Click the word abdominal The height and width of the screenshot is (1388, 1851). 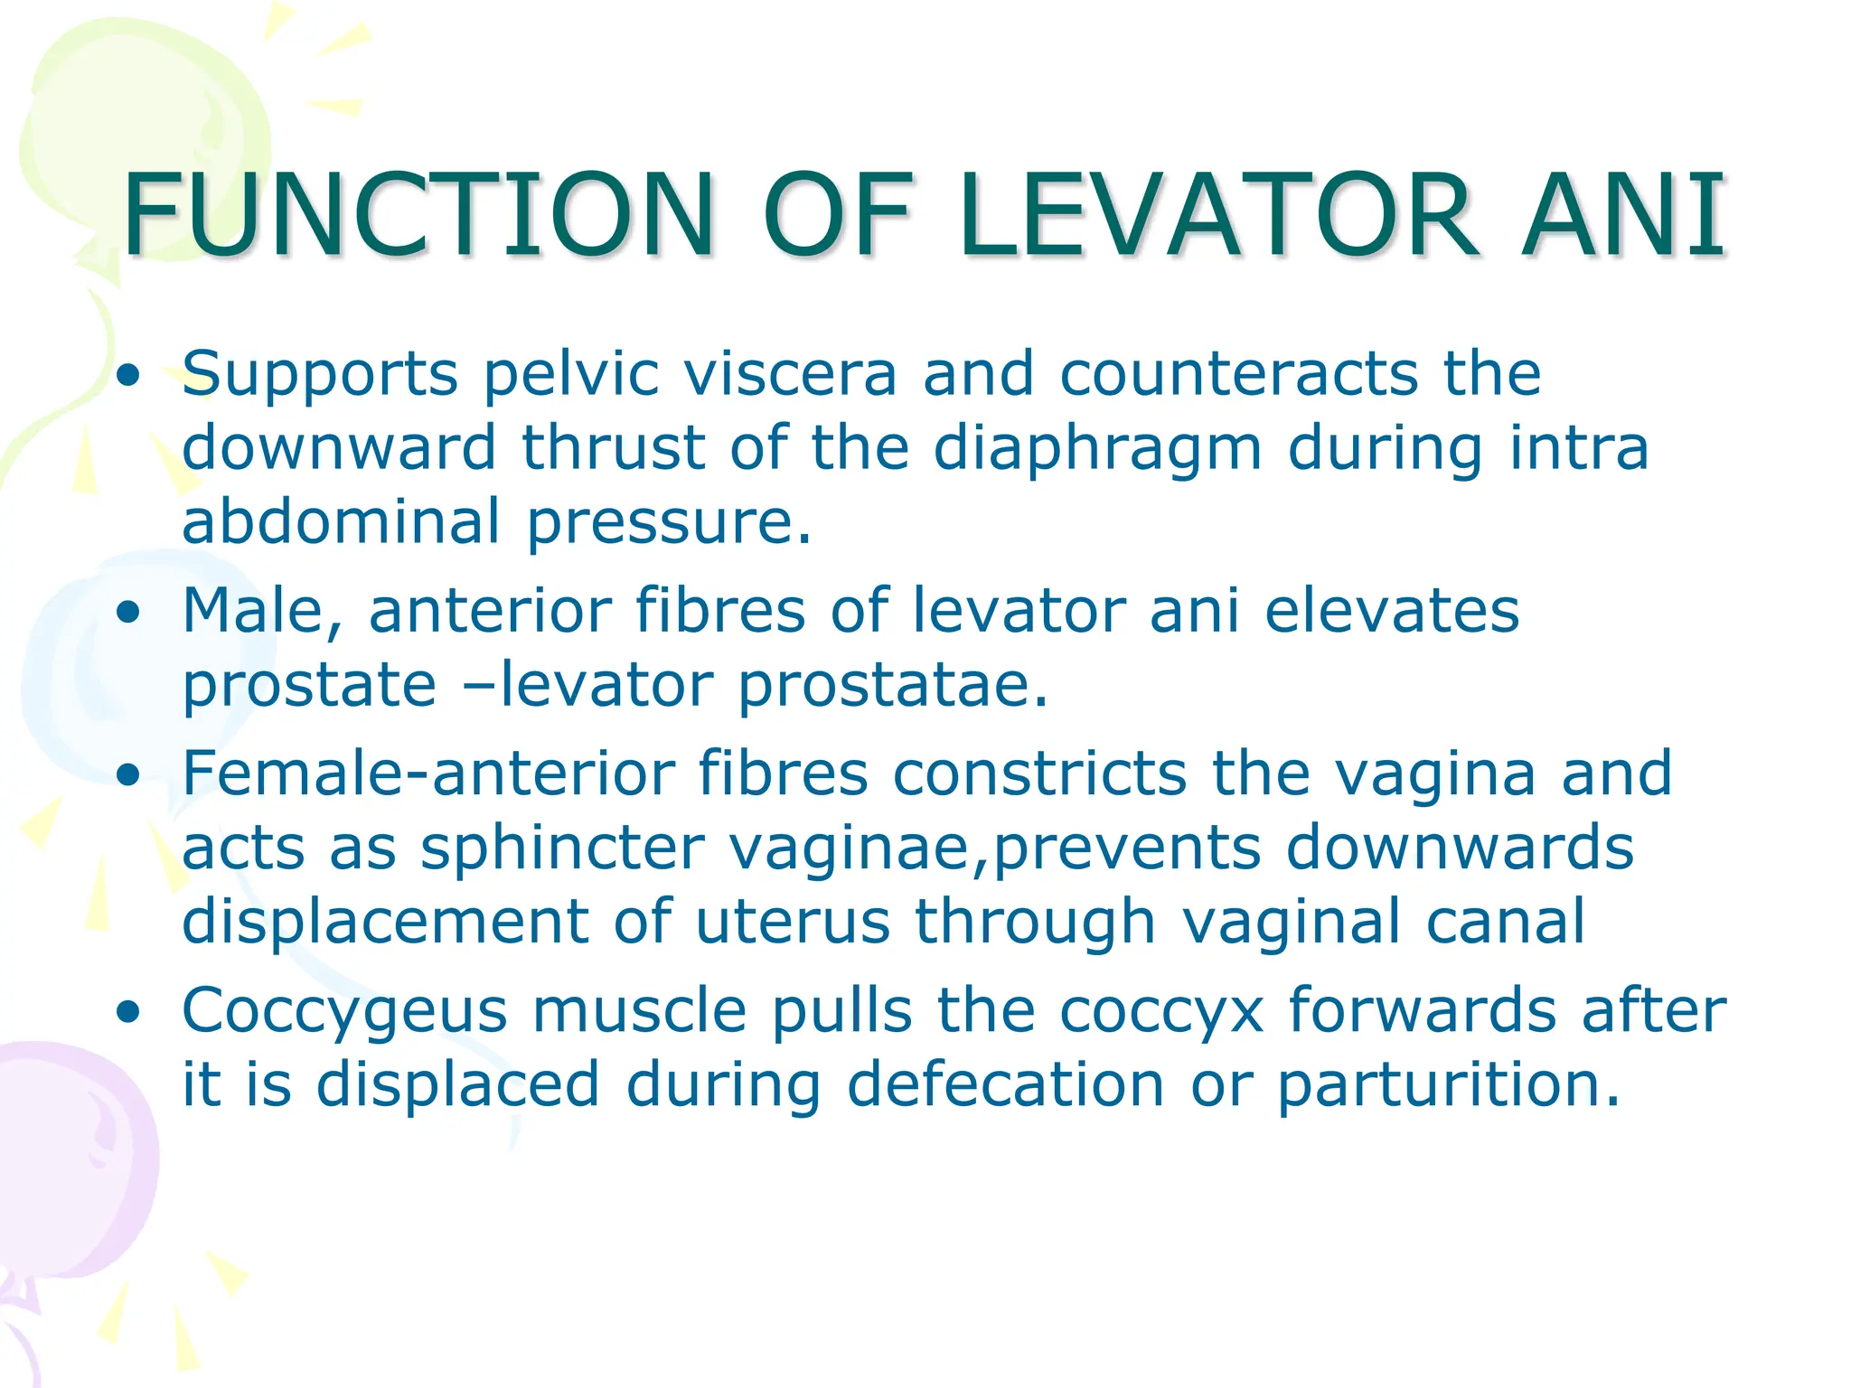(341, 521)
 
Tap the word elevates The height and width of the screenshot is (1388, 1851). (1392, 611)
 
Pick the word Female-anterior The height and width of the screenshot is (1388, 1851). (428, 774)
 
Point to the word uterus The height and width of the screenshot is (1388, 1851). (793, 922)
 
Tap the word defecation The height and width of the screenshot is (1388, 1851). (1006, 1084)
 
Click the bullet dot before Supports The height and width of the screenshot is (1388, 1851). (129, 376)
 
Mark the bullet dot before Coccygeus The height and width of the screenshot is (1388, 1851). (129, 1012)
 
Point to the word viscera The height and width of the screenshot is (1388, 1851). (790, 373)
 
